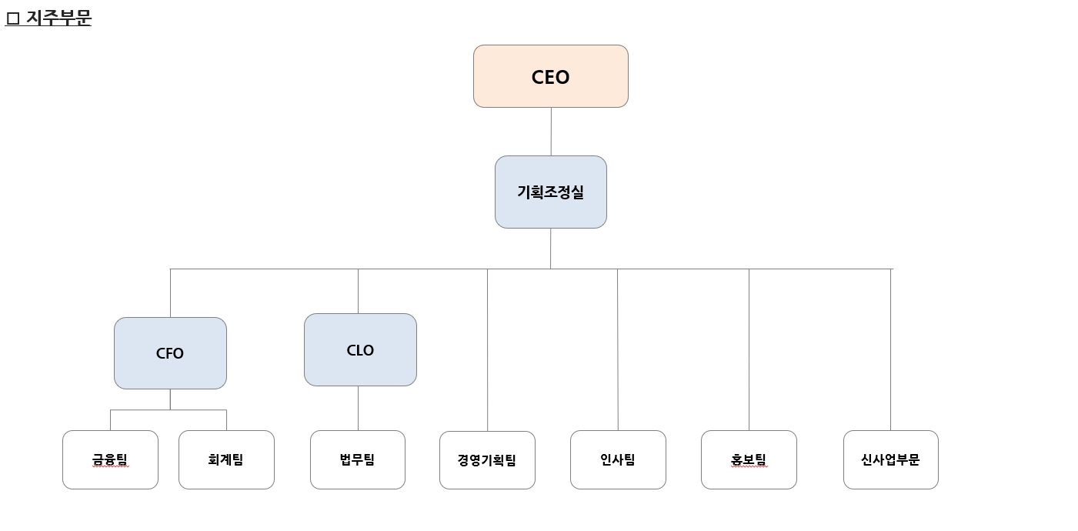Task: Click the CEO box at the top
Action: (x=550, y=76)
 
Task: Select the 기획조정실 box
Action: (x=550, y=192)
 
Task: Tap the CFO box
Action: (x=170, y=353)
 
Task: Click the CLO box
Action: (x=360, y=350)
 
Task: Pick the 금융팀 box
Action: (x=110, y=459)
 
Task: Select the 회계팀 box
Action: (x=226, y=459)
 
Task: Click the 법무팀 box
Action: (x=358, y=459)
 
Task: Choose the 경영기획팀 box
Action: (x=487, y=460)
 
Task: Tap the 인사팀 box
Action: (x=618, y=459)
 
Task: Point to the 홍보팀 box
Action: (x=749, y=459)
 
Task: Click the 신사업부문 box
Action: (x=890, y=459)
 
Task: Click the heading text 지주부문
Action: (x=58, y=18)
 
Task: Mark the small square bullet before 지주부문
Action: (x=12, y=18)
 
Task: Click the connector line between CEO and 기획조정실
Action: (x=551, y=132)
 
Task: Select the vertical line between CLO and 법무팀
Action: (x=358, y=408)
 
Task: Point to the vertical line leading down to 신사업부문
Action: (x=890, y=350)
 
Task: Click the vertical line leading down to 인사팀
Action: (x=618, y=350)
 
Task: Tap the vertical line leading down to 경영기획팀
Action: (x=487, y=350)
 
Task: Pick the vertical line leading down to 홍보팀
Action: (x=749, y=350)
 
